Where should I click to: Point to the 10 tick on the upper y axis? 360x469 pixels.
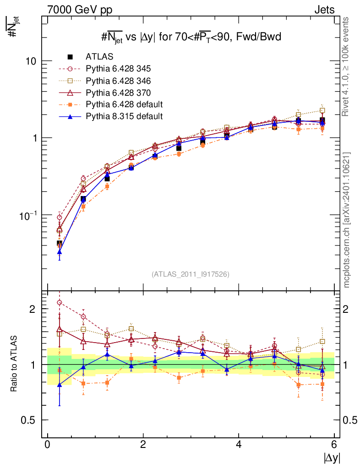click(31, 61)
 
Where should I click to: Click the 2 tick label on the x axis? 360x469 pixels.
click(143, 445)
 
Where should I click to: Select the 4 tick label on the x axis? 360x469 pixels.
click(239, 445)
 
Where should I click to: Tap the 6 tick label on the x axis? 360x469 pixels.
click(334, 445)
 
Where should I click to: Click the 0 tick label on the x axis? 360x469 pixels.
click(47, 445)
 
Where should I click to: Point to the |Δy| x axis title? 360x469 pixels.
click(332, 458)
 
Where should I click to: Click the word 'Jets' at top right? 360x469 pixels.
click(324, 10)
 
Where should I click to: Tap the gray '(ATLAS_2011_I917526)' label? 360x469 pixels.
click(191, 274)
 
